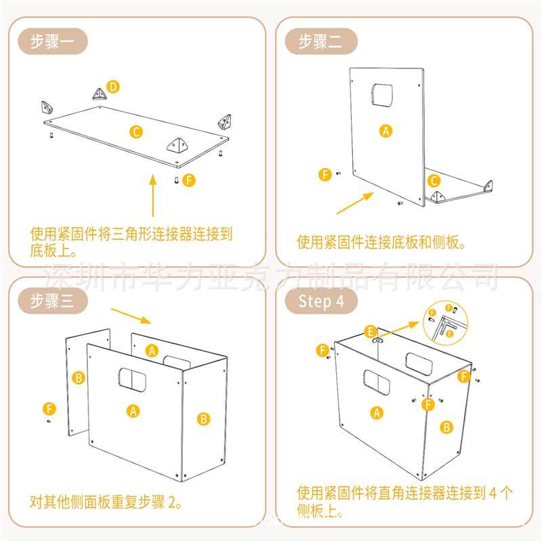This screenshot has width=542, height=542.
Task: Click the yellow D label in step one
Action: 113,86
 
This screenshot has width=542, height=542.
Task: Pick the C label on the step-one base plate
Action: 136,131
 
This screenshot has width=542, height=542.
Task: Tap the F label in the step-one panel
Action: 189,180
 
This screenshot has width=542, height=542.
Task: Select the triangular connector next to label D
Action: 99,93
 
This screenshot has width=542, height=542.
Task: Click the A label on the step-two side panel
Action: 386,131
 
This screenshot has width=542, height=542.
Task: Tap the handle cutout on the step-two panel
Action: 383,94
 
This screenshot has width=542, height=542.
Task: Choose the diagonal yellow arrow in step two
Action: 356,203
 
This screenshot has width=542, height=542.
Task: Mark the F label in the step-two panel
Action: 326,175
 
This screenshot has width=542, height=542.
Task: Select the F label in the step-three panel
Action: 49,409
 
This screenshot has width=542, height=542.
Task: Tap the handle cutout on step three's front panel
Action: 133,380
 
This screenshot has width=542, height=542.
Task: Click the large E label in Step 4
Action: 371,331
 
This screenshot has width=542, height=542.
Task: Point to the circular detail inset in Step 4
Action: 449,322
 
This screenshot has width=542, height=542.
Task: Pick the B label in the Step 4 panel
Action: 446,427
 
